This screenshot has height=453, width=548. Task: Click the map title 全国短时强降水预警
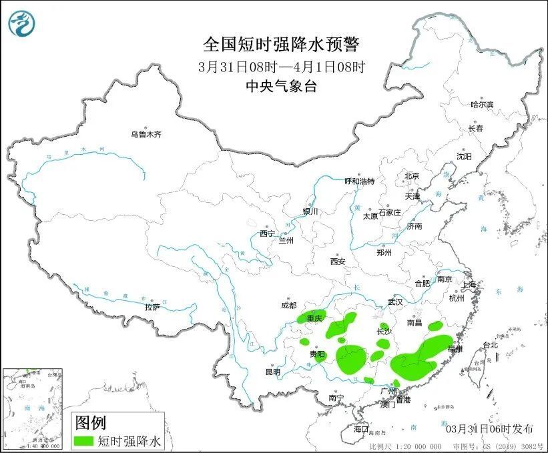[x=281, y=45]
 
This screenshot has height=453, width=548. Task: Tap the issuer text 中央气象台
[x=281, y=87]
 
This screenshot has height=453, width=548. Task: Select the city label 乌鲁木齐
[x=146, y=135]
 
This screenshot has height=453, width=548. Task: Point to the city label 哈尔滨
[x=481, y=105]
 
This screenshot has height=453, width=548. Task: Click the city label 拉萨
[x=152, y=308]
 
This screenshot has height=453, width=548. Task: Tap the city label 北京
[x=411, y=176]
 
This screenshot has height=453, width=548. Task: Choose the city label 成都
[x=288, y=306]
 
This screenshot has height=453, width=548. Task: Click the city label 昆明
[x=274, y=372]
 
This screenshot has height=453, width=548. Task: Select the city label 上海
[x=470, y=285]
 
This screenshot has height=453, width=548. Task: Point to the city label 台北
[x=489, y=345]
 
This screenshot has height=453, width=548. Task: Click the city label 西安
[x=337, y=262]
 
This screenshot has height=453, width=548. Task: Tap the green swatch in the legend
[x=83, y=441]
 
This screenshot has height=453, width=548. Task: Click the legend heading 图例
[x=90, y=422]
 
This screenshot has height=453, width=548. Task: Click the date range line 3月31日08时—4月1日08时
[x=281, y=67]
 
